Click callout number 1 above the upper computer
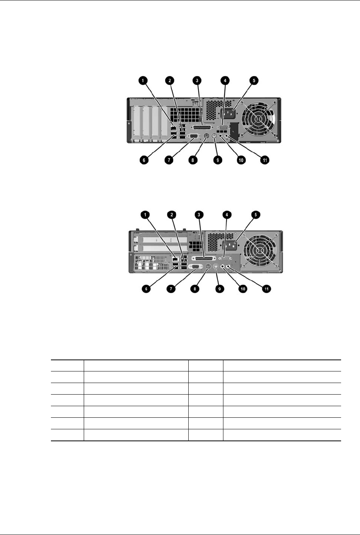click(x=143, y=81)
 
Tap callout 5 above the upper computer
click(x=254, y=81)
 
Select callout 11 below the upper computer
click(x=265, y=160)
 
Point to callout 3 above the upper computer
click(x=197, y=81)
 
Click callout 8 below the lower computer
click(x=196, y=289)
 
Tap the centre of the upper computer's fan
click(x=259, y=120)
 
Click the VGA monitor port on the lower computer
click(x=196, y=267)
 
